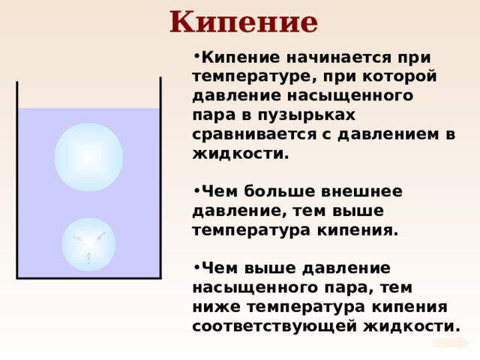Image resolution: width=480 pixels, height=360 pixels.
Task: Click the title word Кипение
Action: [x=243, y=22]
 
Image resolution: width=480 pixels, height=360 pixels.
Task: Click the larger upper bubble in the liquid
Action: [x=88, y=157]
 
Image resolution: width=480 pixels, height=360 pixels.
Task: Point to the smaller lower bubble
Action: [x=88, y=244]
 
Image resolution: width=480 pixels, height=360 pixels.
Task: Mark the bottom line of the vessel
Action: [x=88, y=278]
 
